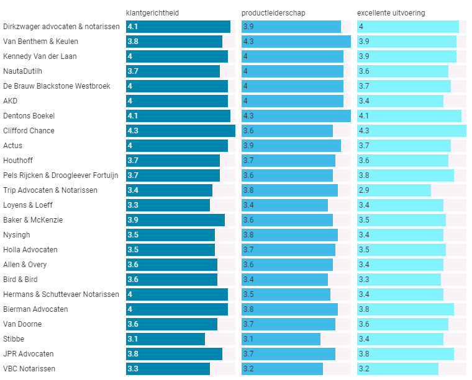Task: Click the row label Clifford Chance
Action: click(29, 131)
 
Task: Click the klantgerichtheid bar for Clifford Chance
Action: click(180, 131)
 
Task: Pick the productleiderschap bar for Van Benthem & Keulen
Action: click(296, 42)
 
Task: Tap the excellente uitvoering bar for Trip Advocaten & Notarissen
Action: click(394, 190)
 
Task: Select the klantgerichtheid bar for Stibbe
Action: click(165, 339)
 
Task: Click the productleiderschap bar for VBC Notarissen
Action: click(282, 369)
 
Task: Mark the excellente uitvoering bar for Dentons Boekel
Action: click(409, 116)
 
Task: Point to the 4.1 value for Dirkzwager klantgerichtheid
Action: click(132, 27)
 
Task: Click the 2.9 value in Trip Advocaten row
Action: click(364, 190)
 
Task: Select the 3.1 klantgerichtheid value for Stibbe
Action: click(132, 339)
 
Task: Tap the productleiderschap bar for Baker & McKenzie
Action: click(287, 220)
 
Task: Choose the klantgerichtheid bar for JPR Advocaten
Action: click(174, 354)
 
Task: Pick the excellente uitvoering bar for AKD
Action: click(400, 101)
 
